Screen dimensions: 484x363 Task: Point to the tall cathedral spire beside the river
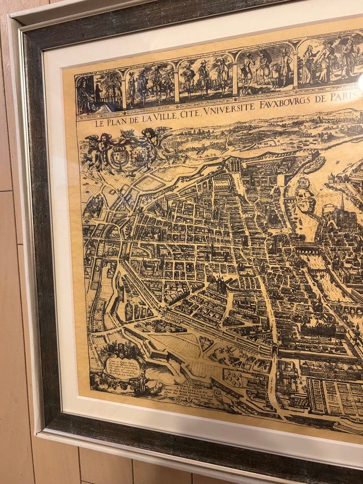[x=341, y=204]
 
